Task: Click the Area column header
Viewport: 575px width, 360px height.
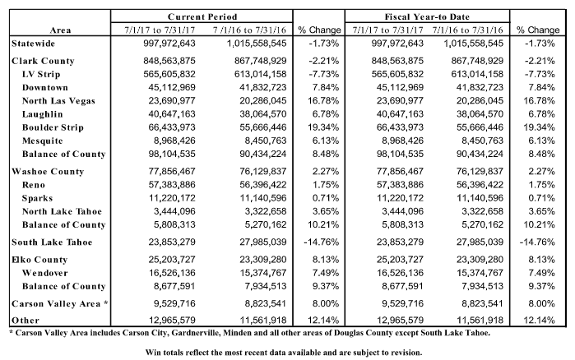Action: (x=60, y=30)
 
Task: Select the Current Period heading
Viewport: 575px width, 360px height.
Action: (x=202, y=16)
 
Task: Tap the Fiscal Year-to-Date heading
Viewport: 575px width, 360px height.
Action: (x=427, y=16)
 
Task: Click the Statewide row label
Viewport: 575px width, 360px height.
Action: (x=34, y=44)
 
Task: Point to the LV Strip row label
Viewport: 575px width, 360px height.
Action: (x=41, y=74)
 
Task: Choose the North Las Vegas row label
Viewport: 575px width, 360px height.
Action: (x=58, y=101)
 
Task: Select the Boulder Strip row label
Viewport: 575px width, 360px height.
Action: (x=53, y=127)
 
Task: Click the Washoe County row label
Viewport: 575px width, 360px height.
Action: (x=48, y=172)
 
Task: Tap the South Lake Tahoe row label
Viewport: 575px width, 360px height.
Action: (x=52, y=242)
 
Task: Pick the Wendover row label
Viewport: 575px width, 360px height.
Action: (x=44, y=273)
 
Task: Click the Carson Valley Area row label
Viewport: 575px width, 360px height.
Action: (x=60, y=303)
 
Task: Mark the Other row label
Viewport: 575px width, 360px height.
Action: (x=26, y=321)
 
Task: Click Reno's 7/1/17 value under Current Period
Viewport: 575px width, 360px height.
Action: (x=172, y=185)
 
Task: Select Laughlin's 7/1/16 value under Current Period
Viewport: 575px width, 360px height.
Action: (x=263, y=114)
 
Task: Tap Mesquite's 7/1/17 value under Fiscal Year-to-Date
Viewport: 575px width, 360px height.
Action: (x=402, y=141)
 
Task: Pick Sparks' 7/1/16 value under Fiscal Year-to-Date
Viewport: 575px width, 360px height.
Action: (x=480, y=198)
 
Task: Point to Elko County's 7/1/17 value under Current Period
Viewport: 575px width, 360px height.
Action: (x=172, y=260)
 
